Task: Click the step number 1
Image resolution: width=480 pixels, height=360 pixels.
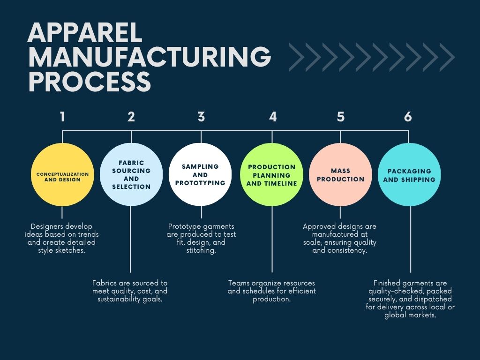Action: point(62,117)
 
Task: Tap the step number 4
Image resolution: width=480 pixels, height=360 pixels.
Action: point(273,117)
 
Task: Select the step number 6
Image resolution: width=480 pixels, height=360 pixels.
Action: point(408,117)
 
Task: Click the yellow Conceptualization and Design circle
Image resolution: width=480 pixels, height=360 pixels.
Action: point(62,174)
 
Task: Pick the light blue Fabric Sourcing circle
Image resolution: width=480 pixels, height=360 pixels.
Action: point(131,174)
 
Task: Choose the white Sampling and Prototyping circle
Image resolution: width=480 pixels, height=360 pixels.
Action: point(200,174)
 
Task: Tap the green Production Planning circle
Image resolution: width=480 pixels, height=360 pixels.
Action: point(272,174)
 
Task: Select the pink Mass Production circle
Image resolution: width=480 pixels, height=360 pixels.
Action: point(340,174)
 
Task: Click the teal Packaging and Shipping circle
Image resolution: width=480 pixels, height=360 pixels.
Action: point(409,174)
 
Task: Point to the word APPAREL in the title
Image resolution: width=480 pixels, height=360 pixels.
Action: point(85,34)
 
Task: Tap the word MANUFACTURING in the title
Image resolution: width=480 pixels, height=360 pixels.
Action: point(150,58)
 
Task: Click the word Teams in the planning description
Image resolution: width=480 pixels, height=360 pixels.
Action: point(239,283)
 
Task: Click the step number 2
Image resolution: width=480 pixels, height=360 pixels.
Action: point(131,117)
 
